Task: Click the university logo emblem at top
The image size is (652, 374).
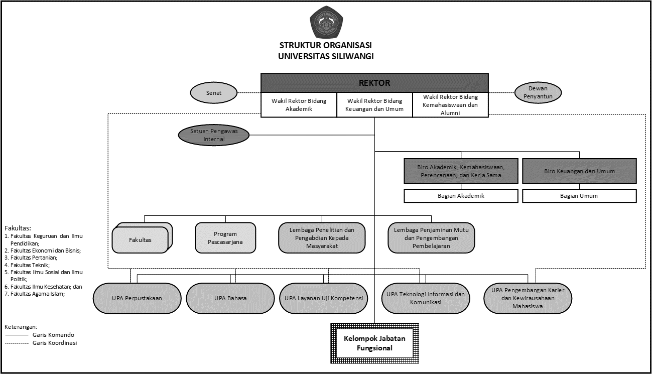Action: coord(326,23)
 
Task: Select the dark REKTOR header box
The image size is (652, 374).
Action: coord(374,83)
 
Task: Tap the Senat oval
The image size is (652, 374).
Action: coord(213,93)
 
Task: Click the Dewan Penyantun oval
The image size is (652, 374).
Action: coord(538,93)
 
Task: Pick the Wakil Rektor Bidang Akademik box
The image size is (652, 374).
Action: coord(299,105)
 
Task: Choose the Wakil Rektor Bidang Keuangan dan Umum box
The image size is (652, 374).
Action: coord(375,105)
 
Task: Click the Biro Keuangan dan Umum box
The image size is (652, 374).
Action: coord(579,171)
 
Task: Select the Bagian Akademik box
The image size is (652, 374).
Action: coord(461,196)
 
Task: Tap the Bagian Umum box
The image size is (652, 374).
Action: coord(579,196)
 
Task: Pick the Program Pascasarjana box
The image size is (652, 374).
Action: coord(225,238)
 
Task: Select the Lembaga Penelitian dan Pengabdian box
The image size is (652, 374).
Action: coord(322,238)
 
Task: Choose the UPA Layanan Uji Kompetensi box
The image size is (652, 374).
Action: coord(323,298)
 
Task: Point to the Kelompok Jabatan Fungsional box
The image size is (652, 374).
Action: coord(374,343)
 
